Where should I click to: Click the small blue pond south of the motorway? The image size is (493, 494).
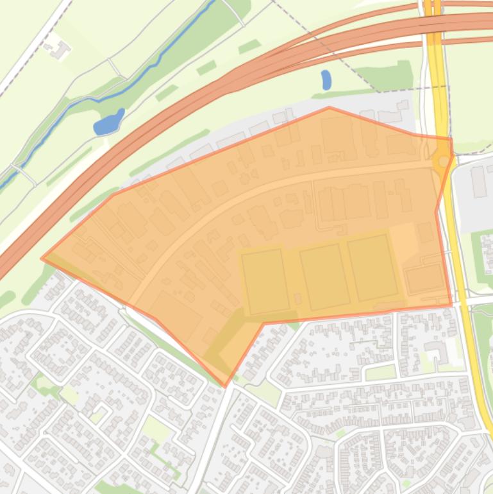pyautogui.click(x=326, y=80)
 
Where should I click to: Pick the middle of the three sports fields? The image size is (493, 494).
pyautogui.click(x=324, y=276)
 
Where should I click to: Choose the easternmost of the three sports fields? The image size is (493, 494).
pyautogui.click(x=373, y=267)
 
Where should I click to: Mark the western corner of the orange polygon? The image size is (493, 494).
pyautogui.click(x=42, y=259)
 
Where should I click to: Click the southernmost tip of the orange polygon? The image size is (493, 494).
pyautogui.click(x=224, y=386)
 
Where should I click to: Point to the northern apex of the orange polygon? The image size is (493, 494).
pyautogui.click(x=329, y=108)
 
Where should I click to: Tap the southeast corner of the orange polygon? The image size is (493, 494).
pyautogui.click(x=451, y=304)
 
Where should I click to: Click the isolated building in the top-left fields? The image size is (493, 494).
pyautogui.click(x=59, y=49)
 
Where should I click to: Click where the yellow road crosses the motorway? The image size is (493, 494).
pyautogui.click(x=433, y=26)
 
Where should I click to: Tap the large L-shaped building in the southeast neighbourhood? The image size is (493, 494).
pyautogui.click(x=439, y=350)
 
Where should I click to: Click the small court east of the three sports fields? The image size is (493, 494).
pyautogui.click(x=423, y=278)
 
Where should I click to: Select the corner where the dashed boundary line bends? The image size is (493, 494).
pyautogui.click(x=380, y=92)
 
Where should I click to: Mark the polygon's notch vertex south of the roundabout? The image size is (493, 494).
pyautogui.click(x=437, y=211)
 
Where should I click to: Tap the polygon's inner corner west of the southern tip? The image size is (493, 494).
pyautogui.click(x=264, y=323)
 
